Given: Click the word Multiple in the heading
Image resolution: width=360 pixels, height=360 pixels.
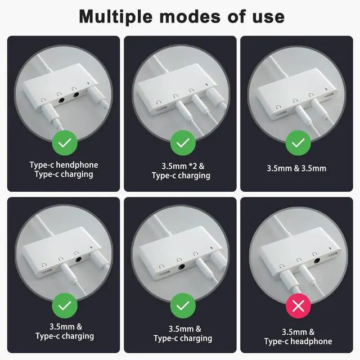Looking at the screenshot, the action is [x=116, y=17].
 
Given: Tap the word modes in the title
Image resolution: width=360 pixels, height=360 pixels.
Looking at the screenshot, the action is [x=190, y=16].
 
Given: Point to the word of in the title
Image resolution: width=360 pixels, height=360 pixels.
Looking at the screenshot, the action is [x=237, y=16].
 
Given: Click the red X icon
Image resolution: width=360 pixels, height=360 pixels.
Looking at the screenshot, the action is [x=298, y=306].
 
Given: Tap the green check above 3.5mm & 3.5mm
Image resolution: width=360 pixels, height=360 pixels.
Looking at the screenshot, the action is [x=298, y=143].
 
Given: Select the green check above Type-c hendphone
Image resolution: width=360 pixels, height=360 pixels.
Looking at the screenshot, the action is [x=65, y=143].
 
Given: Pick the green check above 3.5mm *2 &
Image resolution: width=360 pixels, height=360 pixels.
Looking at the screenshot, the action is [x=183, y=143].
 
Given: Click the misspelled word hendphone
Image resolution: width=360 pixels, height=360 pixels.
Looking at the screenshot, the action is [x=77, y=165].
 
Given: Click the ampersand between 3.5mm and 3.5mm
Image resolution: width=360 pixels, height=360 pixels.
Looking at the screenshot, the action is [x=296, y=168].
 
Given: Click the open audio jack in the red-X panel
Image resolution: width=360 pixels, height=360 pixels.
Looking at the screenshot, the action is [x=317, y=261].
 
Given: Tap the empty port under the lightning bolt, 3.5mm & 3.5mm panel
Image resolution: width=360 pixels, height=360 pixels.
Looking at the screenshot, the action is [x=330, y=94].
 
